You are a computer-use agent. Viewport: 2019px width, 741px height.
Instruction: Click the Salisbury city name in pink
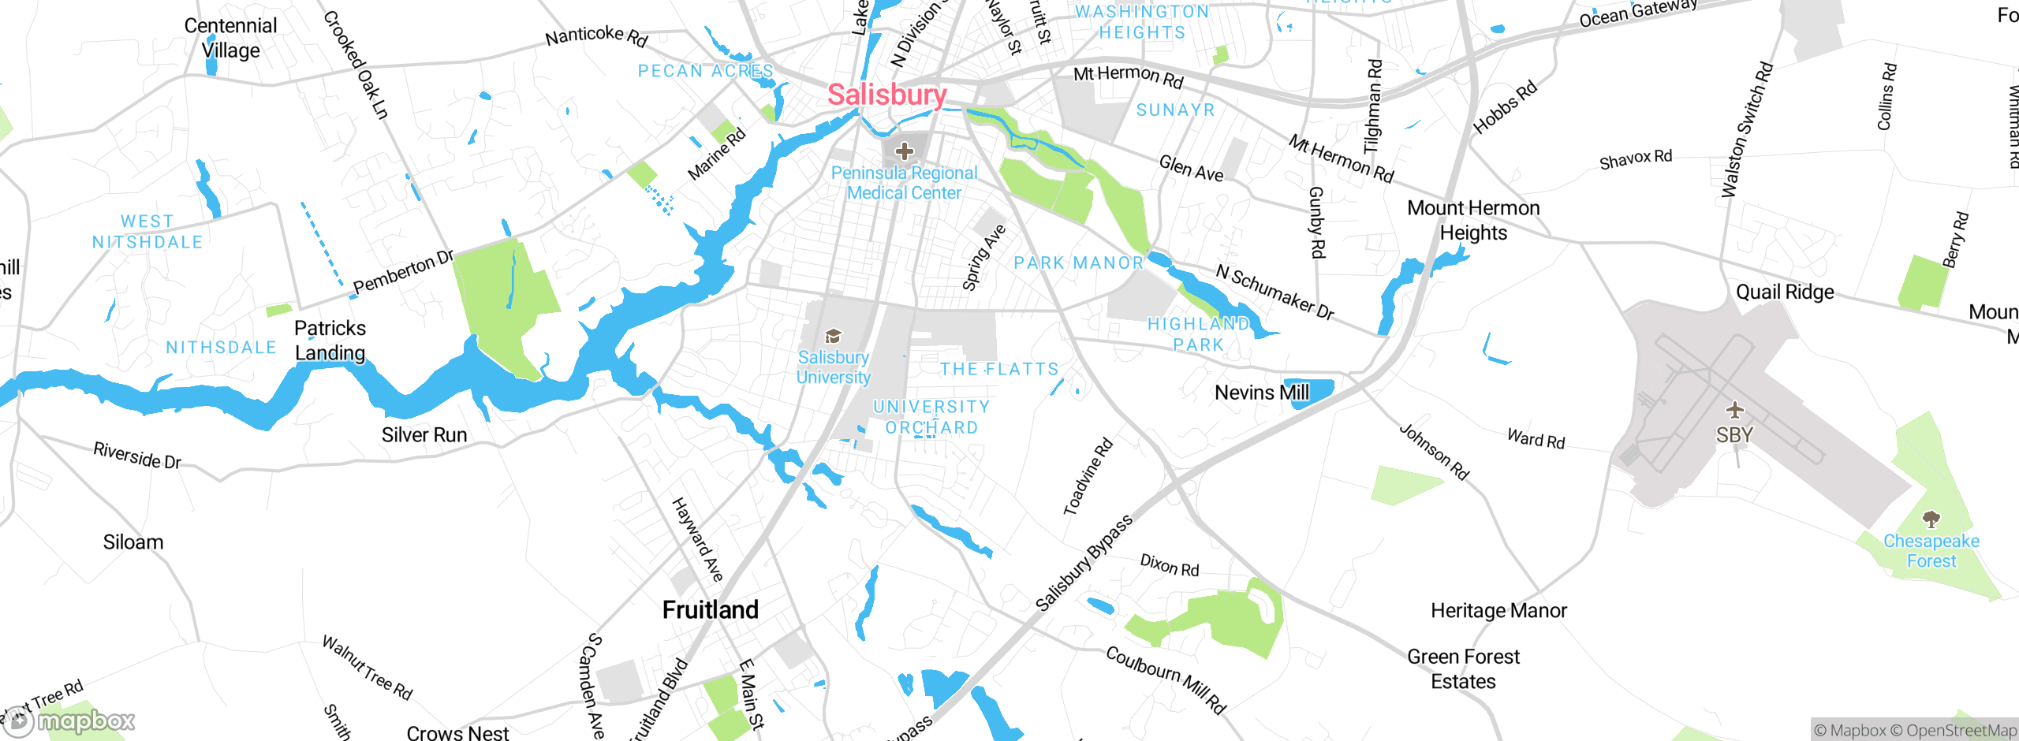pyautogui.click(x=886, y=95)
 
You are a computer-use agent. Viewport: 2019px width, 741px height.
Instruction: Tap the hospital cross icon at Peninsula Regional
pyautogui.click(x=905, y=151)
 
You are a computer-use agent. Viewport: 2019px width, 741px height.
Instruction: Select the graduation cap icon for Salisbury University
pyautogui.click(x=833, y=337)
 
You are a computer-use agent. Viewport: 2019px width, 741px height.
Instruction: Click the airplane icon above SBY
pyautogui.click(x=1734, y=410)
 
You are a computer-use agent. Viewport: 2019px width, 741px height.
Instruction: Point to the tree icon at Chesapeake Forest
pyautogui.click(x=1931, y=519)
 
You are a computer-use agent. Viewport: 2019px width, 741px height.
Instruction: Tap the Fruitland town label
pyautogui.click(x=710, y=609)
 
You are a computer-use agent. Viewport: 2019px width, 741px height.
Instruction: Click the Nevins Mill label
pyautogui.click(x=1260, y=393)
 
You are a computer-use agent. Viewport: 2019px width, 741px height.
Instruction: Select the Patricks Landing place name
pyautogui.click(x=330, y=341)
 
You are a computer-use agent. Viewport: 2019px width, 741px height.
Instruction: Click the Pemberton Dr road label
pyautogui.click(x=403, y=273)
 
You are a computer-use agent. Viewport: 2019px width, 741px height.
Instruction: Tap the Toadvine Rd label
pyautogui.click(x=1088, y=477)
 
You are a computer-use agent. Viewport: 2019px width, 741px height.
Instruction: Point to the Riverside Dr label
pyautogui.click(x=137, y=455)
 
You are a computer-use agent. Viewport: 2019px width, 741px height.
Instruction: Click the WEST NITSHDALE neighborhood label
pyautogui.click(x=147, y=232)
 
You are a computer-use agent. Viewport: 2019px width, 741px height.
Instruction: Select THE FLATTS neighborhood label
pyautogui.click(x=998, y=369)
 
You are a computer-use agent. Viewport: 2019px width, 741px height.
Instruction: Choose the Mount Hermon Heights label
pyautogui.click(x=1472, y=220)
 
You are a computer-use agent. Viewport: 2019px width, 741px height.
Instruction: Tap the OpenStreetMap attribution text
pyautogui.click(x=1959, y=731)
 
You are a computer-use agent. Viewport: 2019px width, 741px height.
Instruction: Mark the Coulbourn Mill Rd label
pyautogui.click(x=1165, y=680)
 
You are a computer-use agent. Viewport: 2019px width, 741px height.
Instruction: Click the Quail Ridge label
pyautogui.click(x=1784, y=292)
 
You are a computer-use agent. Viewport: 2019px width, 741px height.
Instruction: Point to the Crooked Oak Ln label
pyautogui.click(x=356, y=65)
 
